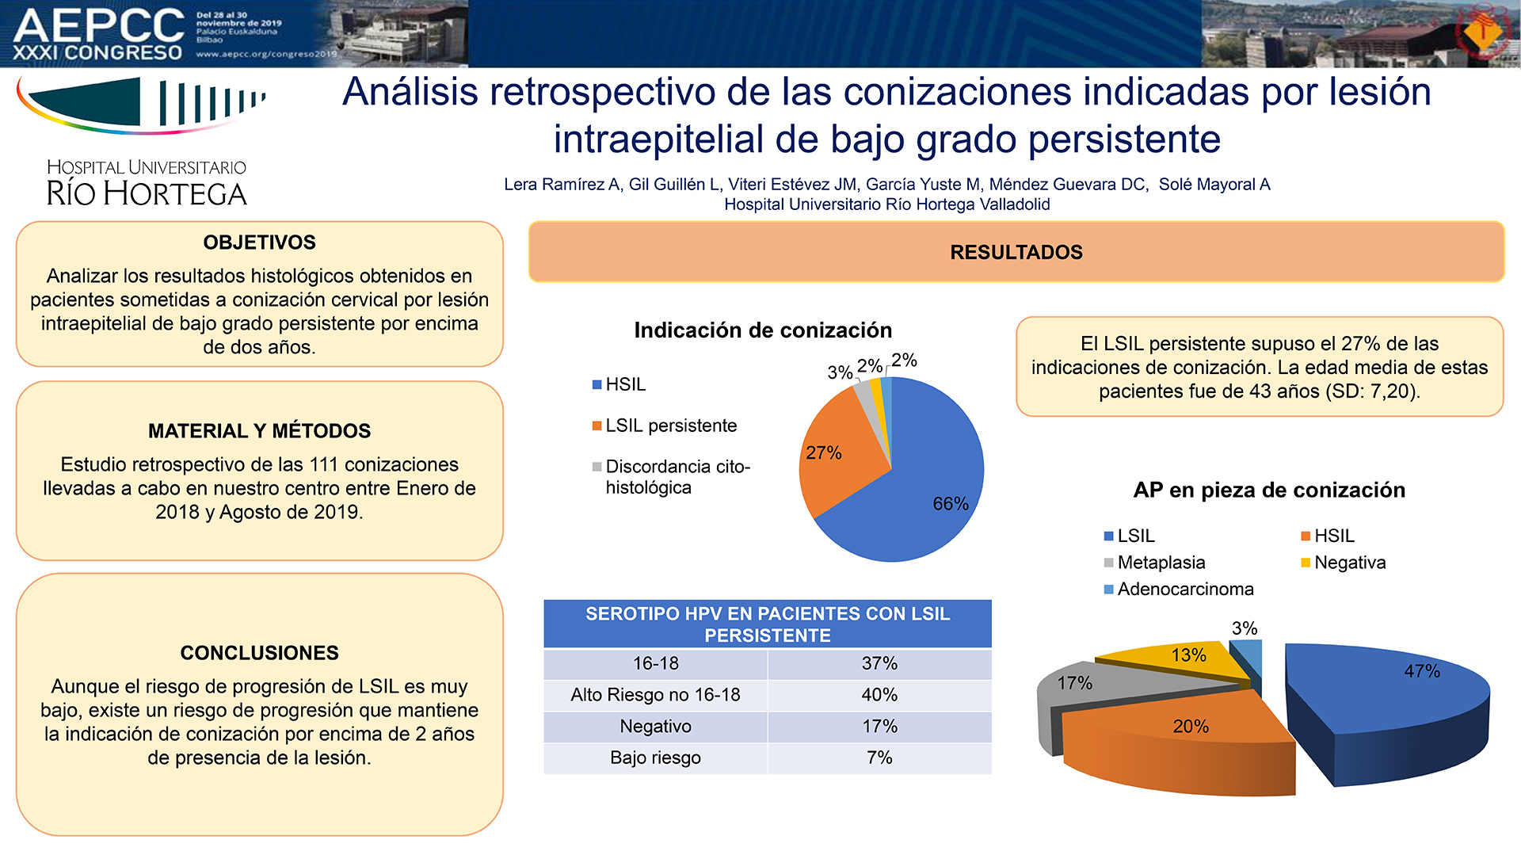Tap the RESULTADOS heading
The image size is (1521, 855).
point(1016,252)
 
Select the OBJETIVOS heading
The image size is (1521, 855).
point(259,242)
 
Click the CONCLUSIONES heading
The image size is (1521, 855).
point(259,653)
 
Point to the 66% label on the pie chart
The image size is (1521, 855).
point(951,503)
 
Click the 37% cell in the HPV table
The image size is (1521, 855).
point(879,663)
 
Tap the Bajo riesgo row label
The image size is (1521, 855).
point(655,758)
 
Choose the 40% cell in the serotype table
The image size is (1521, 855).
point(879,695)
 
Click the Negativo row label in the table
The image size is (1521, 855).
point(655,726)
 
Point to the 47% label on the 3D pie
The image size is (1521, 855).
point(1422,671)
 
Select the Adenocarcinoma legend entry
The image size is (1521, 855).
point(1179,589)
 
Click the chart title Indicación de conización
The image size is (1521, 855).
point(763,330)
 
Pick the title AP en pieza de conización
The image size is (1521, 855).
point(1269,490)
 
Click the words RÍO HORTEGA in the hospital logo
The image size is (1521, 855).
point(147,194)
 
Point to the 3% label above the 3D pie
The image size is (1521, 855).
point(1245,628)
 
